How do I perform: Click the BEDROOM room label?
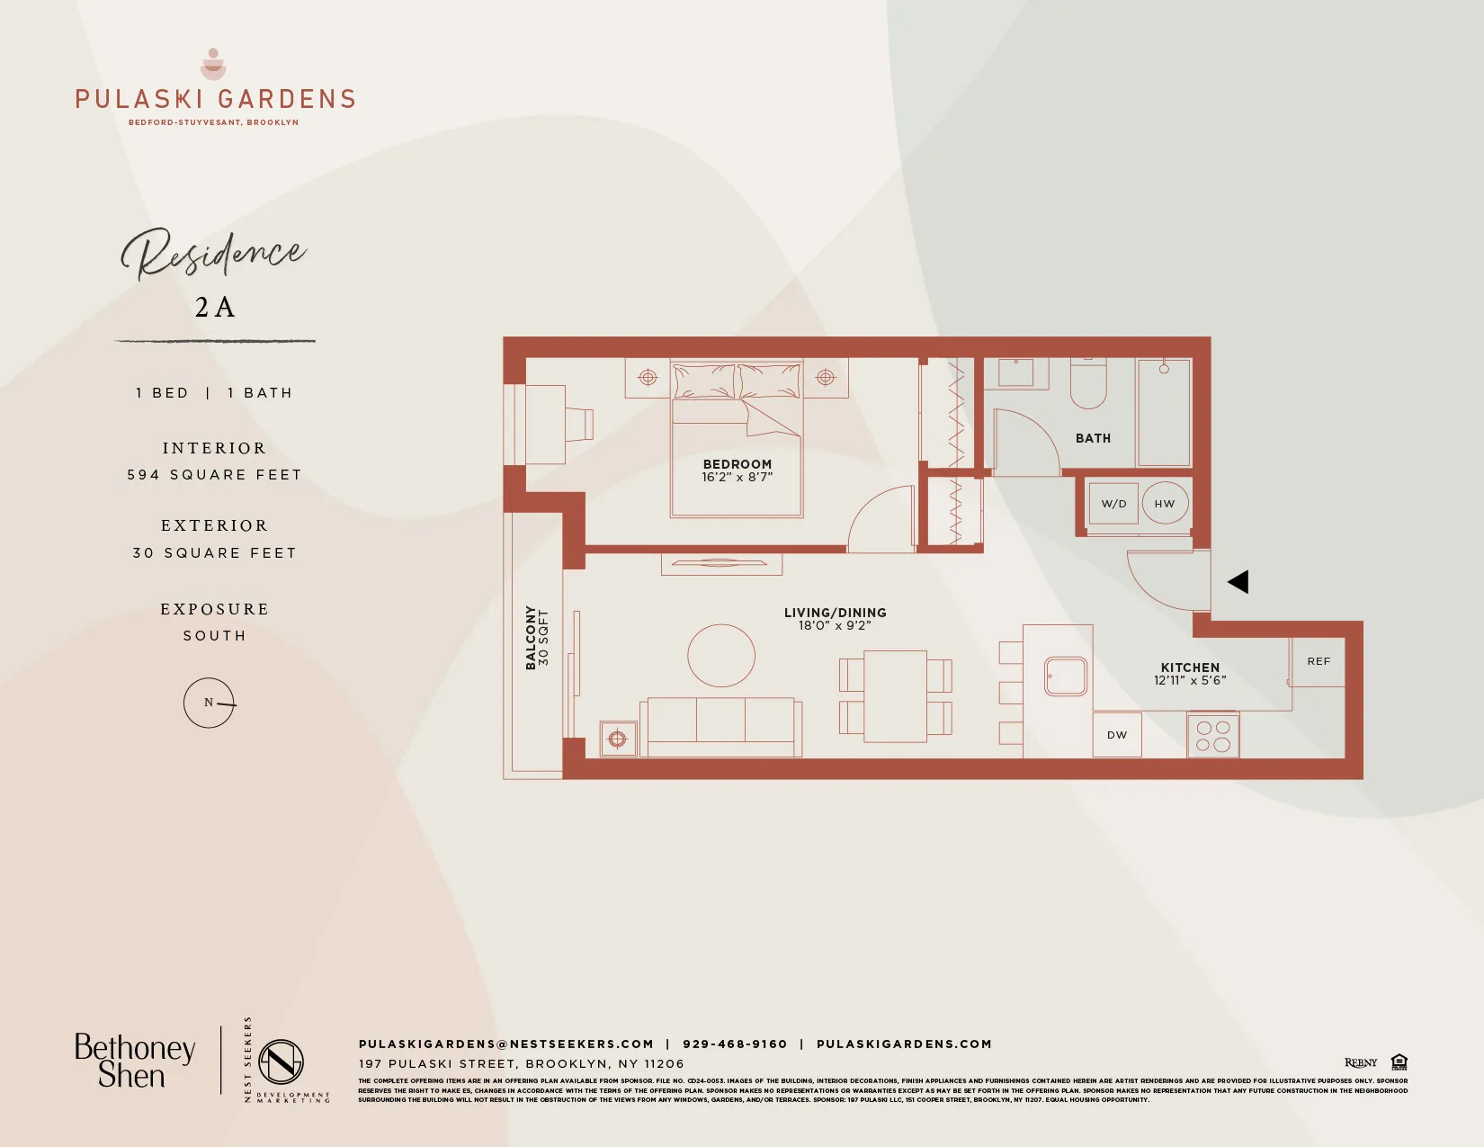tap(738, 464)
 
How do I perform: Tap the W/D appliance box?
tap(1113, 504)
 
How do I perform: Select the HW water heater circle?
tap(1165, 504)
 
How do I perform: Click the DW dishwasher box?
tap(1117, 735)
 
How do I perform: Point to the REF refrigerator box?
tap(1319, 661)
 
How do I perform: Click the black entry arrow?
tap(1238, 582)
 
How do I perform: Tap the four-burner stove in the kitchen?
tap(1213, 735)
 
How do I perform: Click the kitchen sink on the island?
tap(1066, 677)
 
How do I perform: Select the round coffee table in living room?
tap(721, 656)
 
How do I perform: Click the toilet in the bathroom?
tap(1088, 385)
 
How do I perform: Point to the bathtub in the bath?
tap(1164, 412)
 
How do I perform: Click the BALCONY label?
tap(531, 637)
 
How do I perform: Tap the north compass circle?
tap(209, 703)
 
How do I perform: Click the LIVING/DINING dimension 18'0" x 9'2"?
tap(835, 625)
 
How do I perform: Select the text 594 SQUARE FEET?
tap(214, 475)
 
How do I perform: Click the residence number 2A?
tap(215, 308)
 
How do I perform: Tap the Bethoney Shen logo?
tap(135, 1062)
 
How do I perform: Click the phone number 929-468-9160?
tap(735, 1044)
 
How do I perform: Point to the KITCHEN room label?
tap(1190, 668)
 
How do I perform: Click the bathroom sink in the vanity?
tap(1016, 372)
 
